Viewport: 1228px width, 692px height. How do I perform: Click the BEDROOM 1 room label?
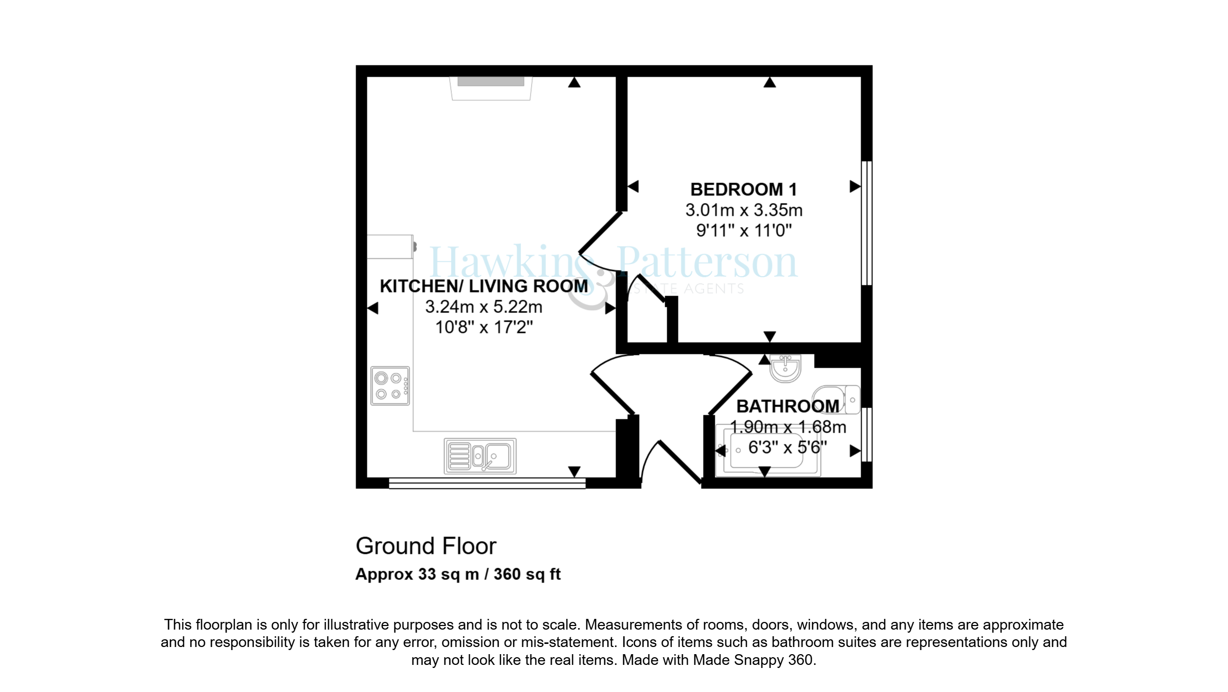743,190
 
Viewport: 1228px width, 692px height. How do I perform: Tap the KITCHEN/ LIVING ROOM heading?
484,286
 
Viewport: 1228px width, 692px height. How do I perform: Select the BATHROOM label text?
787,407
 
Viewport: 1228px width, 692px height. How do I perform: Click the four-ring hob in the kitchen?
390,386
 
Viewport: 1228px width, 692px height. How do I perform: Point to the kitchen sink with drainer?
480,456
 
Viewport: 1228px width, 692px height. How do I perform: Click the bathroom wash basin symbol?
785,368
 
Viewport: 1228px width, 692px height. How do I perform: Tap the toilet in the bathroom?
837,399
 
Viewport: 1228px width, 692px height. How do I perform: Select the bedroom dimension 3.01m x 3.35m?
743,210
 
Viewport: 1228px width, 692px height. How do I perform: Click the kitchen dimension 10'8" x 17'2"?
484,327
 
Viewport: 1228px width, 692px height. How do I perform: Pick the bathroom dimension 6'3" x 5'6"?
787,448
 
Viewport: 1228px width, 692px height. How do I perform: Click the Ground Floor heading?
426,546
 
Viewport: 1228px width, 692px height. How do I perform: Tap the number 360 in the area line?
507,574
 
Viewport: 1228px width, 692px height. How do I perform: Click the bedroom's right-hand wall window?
866,223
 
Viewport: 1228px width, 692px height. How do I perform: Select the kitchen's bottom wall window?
487,483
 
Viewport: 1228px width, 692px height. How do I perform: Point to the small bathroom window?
866,435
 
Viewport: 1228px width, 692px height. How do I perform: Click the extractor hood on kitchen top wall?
491,88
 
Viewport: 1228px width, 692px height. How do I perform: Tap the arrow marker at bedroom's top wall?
770,82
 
